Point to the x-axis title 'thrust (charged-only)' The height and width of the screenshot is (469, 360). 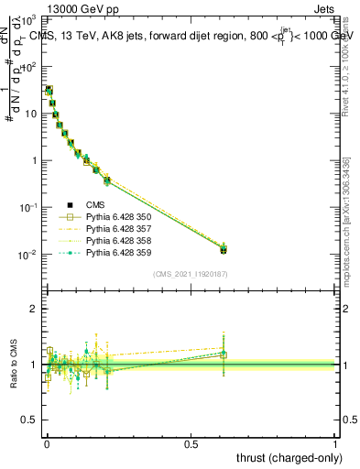[289, 457]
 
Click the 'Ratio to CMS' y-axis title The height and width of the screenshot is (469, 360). [16, 364]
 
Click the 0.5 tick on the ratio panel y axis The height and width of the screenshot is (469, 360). [29, 420]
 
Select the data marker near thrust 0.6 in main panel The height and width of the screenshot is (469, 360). [224, 249]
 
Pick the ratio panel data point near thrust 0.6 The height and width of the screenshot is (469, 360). [224, 354]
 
